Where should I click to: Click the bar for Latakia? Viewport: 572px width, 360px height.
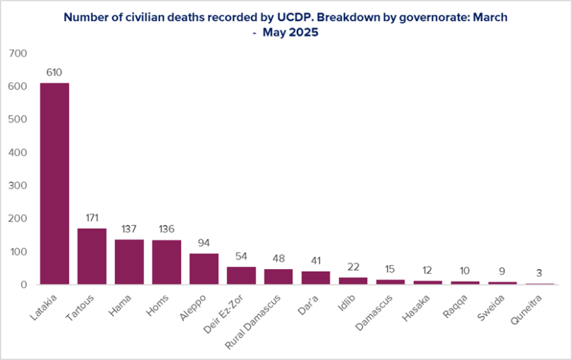click(55, 184)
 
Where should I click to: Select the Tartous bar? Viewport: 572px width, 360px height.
click(92, 256)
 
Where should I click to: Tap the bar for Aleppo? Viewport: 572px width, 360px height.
click(204, 268)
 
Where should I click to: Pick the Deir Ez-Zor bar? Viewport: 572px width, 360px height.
click(241, 275)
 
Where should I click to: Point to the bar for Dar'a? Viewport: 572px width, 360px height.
click(316, 277)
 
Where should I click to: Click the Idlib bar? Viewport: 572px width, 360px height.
click(353, 281)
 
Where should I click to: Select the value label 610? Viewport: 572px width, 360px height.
click(55, 71)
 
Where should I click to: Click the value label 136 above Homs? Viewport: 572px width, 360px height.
click(166, 229)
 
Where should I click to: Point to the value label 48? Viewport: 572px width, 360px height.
click(279, 258)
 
